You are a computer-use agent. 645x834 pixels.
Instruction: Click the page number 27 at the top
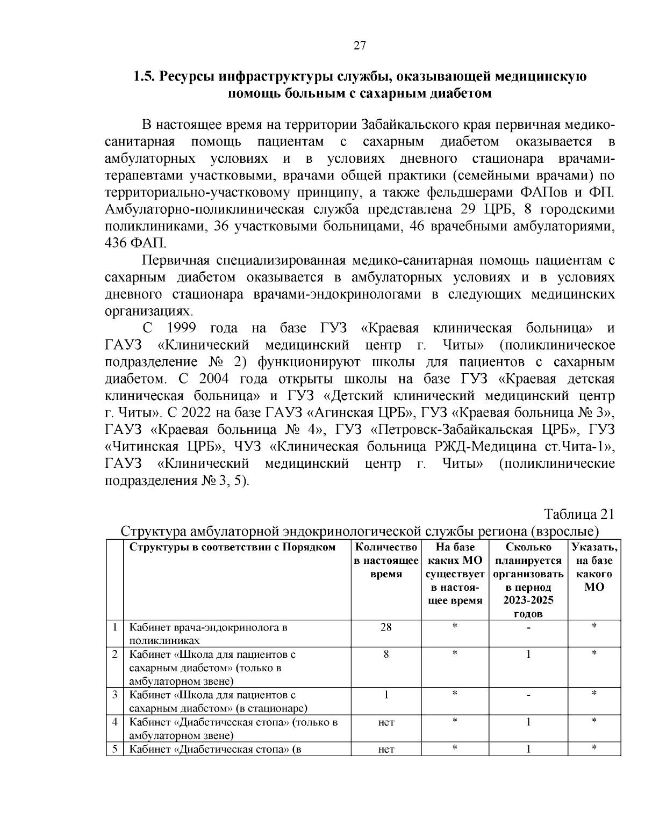click(360, 45)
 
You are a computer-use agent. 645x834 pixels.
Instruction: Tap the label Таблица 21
click(579, 513)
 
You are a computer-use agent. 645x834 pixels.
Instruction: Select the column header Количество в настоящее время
click(386, 561)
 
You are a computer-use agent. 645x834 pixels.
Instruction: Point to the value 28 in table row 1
click(386, 627)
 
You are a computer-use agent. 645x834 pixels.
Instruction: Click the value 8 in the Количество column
click(386, 654)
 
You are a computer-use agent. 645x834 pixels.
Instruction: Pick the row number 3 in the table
click(114, 694)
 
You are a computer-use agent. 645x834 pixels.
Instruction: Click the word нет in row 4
click(386, 722)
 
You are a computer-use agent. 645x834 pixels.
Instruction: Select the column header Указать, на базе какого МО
click(594, 567)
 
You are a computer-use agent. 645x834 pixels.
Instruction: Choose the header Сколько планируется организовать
click(528, 567)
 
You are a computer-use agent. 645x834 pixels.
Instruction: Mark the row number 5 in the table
click(114, 749)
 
